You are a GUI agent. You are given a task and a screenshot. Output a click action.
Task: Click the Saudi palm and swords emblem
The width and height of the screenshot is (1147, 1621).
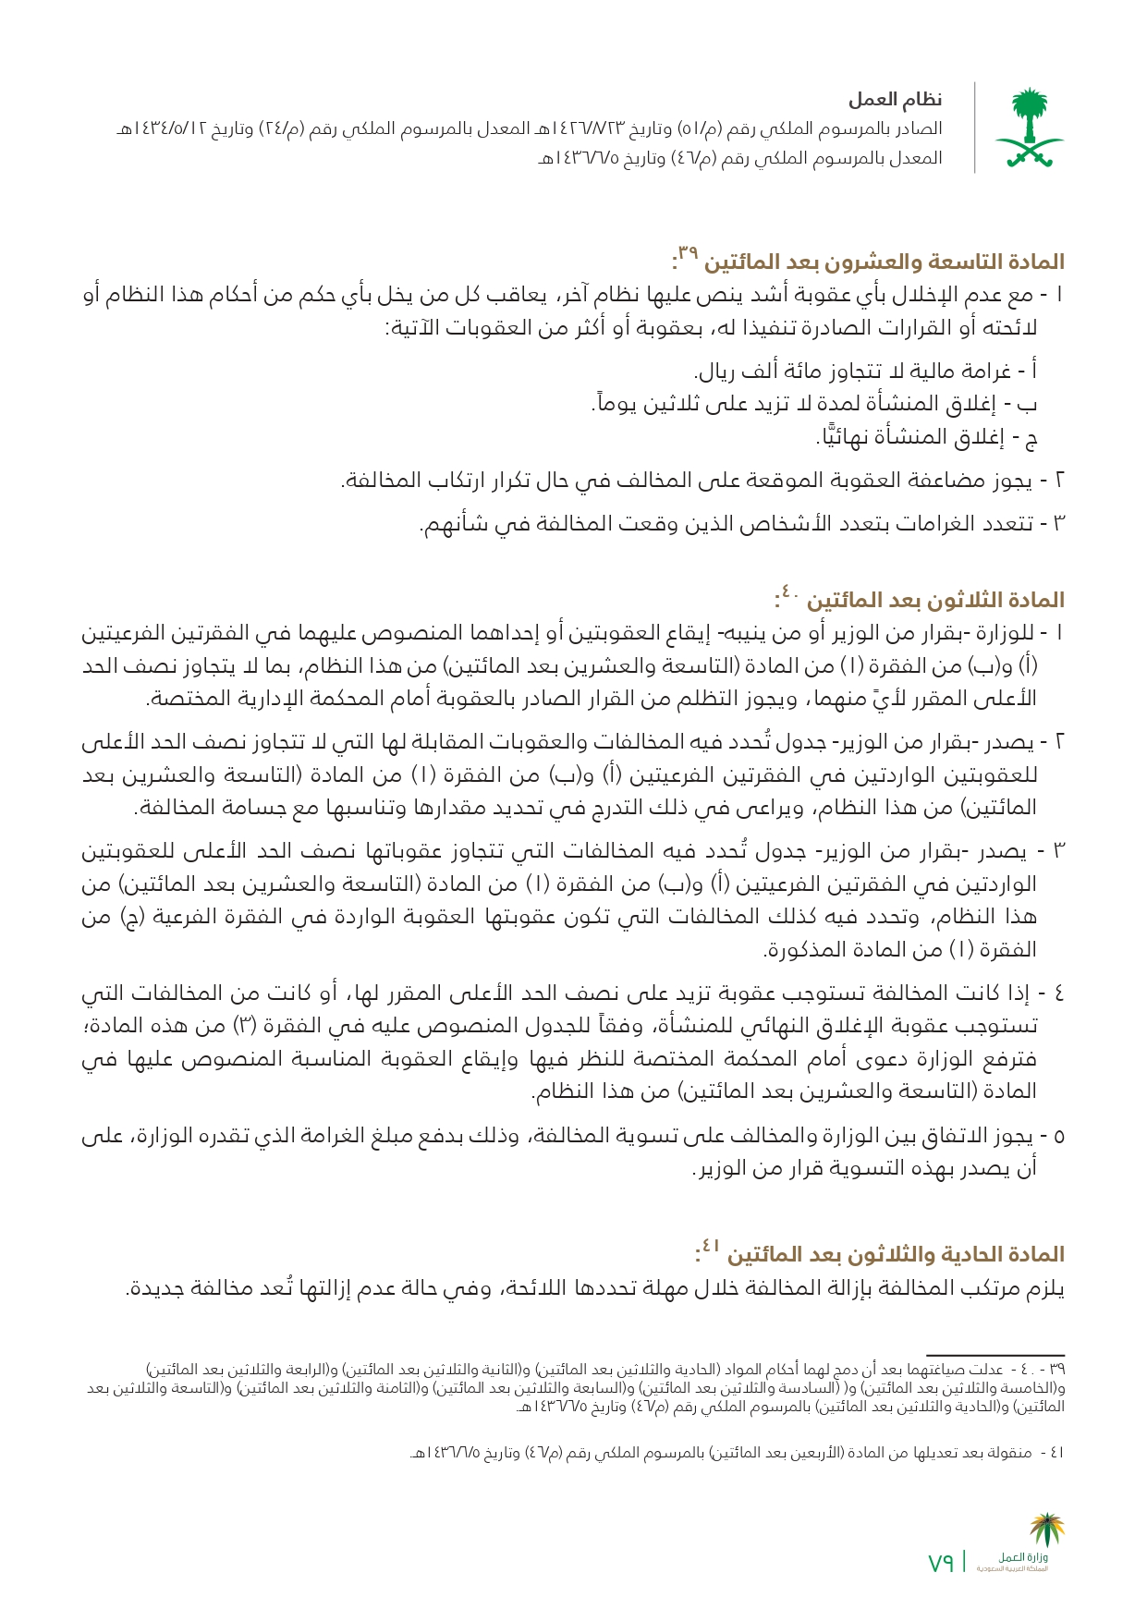point(1028,128)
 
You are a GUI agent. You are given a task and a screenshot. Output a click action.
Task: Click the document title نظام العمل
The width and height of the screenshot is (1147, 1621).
point(896,100)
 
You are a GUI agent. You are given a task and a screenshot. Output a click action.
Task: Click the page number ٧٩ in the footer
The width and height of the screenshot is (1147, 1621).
point(941,1563)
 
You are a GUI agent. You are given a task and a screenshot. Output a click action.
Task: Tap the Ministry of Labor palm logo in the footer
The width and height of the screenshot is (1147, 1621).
point(1047,1533)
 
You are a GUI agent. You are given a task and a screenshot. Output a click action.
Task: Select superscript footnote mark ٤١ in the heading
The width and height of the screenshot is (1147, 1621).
point(709,1245)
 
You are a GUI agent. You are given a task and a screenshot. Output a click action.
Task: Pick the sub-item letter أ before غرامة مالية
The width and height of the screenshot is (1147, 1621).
point(1032,372)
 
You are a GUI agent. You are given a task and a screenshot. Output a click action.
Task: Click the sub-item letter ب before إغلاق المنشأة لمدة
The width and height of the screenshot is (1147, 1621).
point(1032,405)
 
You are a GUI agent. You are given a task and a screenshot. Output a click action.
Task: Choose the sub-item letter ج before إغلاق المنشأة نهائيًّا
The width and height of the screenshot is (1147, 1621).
point(1031,438)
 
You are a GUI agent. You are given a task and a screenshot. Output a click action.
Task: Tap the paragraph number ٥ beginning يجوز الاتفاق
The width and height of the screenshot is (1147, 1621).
point(1059,1137)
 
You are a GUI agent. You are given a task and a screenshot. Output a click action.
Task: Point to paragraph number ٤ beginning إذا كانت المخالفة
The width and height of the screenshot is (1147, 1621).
point(1059,994)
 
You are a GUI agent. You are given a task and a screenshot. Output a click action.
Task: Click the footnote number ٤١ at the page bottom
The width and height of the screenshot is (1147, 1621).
point(1056,1453)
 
